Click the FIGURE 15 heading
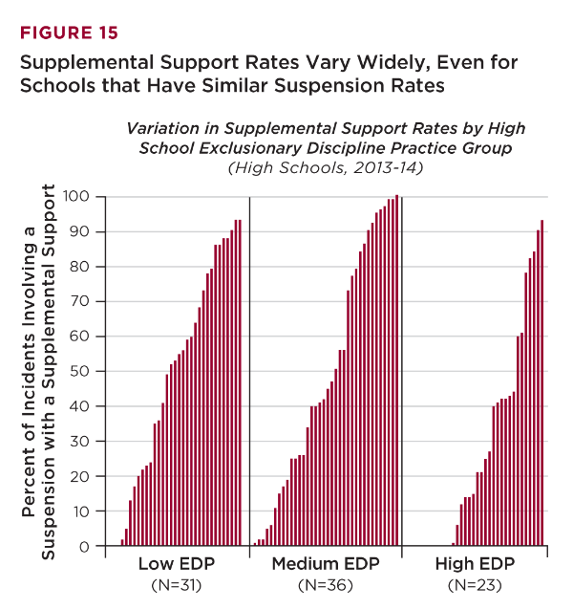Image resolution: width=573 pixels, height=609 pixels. coord(69,33)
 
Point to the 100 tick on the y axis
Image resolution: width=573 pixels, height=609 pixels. coord(76,196)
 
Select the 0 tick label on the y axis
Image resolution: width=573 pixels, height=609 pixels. coord(85,547)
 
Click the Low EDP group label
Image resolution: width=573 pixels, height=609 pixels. coord(175,564)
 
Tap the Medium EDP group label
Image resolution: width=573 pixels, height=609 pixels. coord(325,564)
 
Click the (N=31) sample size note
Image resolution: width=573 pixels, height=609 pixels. coord(175,584)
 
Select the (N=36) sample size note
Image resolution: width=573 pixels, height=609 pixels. coord(325,584)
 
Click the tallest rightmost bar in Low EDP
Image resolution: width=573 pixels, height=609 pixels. coord(240,382)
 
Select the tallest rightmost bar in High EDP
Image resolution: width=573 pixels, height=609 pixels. coord(541,382)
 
